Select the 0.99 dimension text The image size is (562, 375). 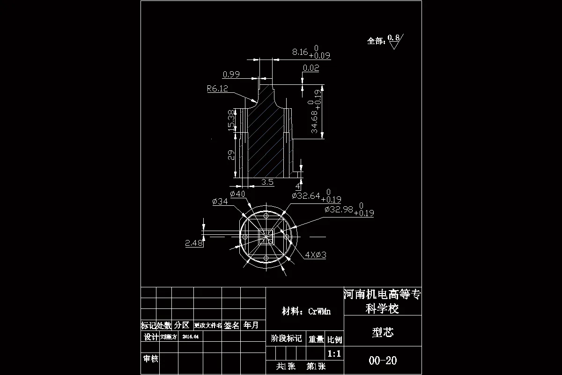(x=231, y=74)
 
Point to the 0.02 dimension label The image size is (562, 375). (x=311, y=68)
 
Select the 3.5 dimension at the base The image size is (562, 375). (x=267, y=182)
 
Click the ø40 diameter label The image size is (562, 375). (x=237, y=194)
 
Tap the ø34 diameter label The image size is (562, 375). (x=220, y=202)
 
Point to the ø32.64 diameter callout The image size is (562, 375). (x=308, y=196)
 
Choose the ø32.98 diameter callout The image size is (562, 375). (x=340, y=209)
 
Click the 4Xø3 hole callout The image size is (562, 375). (x=315, y=255)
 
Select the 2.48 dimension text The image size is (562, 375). (x=194, y=243)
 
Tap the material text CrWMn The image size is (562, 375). (x=319, y=311)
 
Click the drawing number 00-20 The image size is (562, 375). (x=383, y=360)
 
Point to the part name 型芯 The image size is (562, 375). (x=383, y=332)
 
